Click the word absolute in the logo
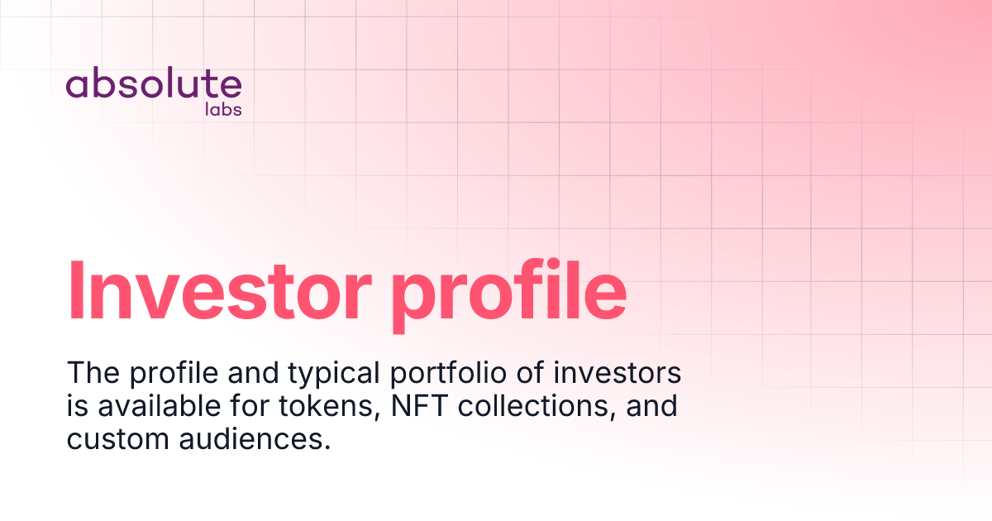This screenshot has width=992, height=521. [154, 85]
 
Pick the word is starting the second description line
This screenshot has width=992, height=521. [76, 406]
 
